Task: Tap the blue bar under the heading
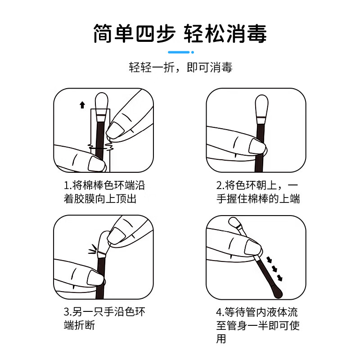click(180, 53)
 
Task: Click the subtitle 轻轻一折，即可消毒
click(180, 68)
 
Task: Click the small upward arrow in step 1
click(82, 105)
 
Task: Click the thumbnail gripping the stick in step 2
click(257, 147)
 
